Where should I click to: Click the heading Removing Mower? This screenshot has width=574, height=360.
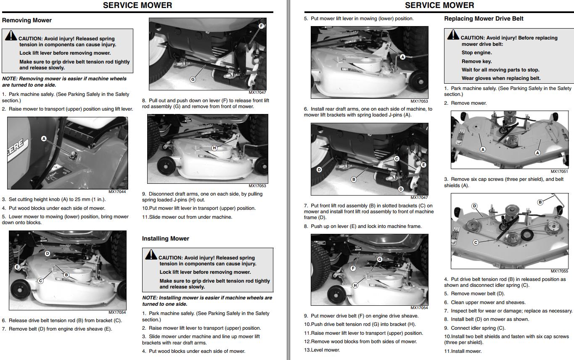pos(27,20)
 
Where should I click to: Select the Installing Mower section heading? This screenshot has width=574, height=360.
pos(165,238)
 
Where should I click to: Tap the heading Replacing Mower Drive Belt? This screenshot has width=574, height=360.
pos(484,19)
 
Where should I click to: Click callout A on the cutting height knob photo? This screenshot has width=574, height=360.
pos(44,138)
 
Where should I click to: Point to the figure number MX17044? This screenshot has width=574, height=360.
pos(117,192)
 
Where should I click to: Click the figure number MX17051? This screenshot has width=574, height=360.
pos(559,172)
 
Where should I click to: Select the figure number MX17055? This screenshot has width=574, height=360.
pos(559,271)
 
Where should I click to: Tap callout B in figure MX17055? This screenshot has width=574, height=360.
pos(540,202)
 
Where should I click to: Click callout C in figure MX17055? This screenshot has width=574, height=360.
pos(476,242)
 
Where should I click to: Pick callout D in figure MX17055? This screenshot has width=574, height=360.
pos(474,206)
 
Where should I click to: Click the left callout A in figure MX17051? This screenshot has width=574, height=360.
pos(483,149)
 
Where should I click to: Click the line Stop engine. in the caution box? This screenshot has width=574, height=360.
pos(476,53)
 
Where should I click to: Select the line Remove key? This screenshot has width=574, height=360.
pos(476,61)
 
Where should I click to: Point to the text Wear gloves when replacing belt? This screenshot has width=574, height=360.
pos(501,78)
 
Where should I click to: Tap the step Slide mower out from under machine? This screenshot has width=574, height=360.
pos(187,217)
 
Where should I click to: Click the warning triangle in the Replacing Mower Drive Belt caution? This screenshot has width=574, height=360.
pos(453,34)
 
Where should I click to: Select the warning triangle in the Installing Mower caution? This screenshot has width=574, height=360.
pos(151,254)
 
